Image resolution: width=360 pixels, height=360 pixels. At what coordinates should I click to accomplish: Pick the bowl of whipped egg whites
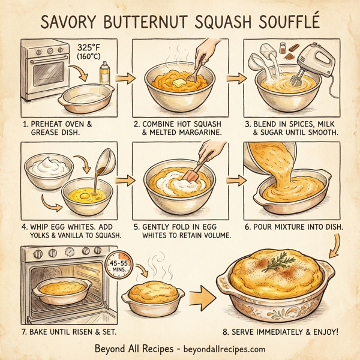(50, 166)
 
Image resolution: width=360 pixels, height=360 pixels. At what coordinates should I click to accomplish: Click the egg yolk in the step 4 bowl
(86, 195)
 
